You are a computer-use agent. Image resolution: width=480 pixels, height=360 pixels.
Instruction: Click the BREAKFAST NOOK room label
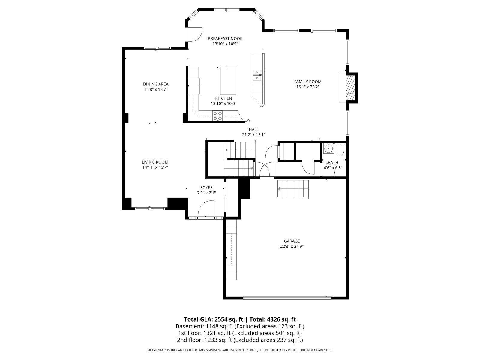click(225, 38)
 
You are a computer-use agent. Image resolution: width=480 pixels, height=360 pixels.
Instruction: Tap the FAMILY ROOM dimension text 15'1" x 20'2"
click(307, 87)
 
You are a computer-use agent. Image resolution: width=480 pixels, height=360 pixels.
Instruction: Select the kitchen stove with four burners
click(217, 116)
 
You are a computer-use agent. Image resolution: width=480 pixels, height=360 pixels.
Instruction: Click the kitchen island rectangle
click(228, 80)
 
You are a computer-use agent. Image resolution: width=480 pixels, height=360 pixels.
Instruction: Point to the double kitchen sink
click(256, 75)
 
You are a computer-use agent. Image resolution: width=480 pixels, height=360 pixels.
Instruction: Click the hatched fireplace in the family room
click(349, 87)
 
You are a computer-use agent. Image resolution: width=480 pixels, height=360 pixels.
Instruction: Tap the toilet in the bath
click(340, 149)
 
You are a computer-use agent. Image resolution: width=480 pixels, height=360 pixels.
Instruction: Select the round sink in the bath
click(329, 148)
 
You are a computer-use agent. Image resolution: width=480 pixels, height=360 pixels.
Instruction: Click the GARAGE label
click(292, 241)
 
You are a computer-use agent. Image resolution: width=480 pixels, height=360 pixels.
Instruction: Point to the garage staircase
click(293, 189)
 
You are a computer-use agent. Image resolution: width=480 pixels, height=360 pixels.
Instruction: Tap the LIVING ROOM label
click(155, 162)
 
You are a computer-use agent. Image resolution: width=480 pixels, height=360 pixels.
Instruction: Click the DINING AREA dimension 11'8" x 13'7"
click(155, 89)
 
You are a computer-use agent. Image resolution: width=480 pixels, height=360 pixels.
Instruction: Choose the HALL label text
click(253, 129)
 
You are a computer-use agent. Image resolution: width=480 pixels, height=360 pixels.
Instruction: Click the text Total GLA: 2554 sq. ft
click(214, 319)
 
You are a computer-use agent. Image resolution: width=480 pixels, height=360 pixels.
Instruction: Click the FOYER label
click(206, 188)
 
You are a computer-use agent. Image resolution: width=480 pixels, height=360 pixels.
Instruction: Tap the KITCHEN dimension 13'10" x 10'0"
click(223, 103)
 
